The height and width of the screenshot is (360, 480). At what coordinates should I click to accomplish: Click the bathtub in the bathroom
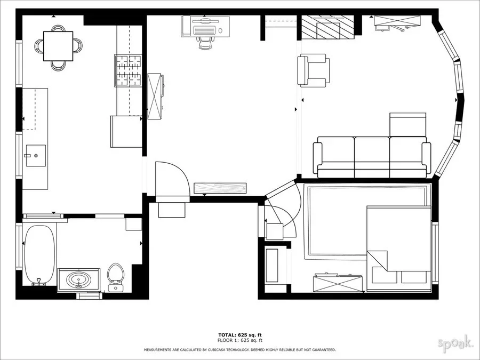[39, 254]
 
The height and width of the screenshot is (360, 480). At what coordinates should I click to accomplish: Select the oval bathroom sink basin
[78, 279]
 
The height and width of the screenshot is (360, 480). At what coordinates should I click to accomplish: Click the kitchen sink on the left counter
[36, 156]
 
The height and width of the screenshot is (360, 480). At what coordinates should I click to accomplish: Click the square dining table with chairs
[58, 46]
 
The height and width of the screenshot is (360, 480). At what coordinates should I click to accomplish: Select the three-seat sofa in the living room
[372, 157]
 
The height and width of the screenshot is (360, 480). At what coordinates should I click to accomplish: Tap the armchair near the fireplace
[313, 70]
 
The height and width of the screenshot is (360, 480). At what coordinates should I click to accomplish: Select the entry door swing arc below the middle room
[172, 179]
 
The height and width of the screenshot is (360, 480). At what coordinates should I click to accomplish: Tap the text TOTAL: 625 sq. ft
[239, 334]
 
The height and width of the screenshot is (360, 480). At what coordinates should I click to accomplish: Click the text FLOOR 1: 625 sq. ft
[239, 340]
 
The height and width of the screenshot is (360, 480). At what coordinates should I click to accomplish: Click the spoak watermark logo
[455, 343]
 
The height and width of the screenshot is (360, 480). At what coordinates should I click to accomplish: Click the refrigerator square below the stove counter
[126, 131]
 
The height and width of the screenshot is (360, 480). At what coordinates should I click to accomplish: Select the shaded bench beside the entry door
[220, 188]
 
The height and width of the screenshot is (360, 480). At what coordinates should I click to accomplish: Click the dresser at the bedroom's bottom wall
[338, 282]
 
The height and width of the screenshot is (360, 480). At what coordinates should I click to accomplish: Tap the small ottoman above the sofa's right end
[408, 124]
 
